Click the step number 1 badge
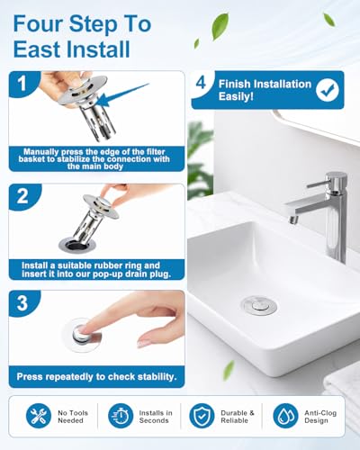(22, 83)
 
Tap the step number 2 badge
(22, 196)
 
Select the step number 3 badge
(22, 303)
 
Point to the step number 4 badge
(201, 83)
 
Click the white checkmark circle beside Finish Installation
(328, 90)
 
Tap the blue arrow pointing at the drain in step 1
(123, 94)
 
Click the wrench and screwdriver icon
(39, 416)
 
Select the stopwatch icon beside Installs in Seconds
(121, 416)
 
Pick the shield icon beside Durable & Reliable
(202, 416)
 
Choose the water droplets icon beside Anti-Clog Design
(285, 416)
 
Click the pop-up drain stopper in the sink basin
(259, 305)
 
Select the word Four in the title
(39, 23)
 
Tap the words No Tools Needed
(73, 417)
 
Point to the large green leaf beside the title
(220, 26)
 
